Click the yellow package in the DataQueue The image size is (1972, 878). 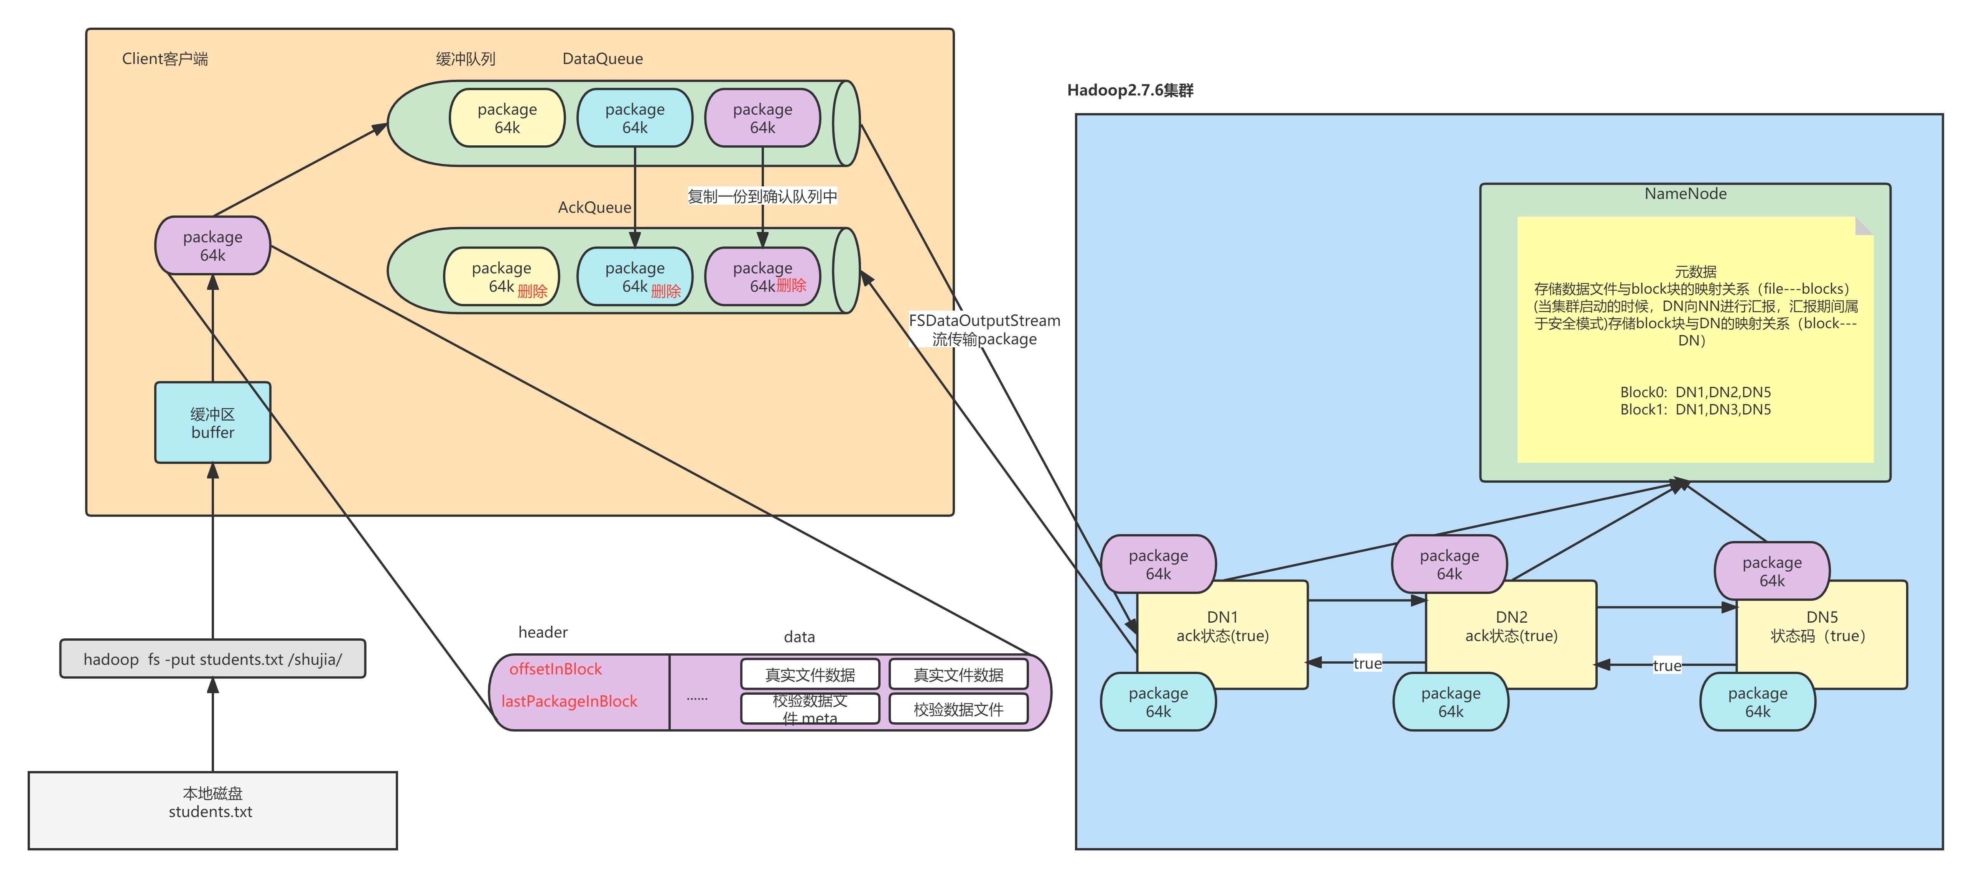(507, 118)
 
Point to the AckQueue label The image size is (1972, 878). (594, 207)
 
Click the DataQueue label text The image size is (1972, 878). (602, 59)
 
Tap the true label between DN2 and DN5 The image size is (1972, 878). (1667, 665)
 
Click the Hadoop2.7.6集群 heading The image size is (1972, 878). (1130, 90)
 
